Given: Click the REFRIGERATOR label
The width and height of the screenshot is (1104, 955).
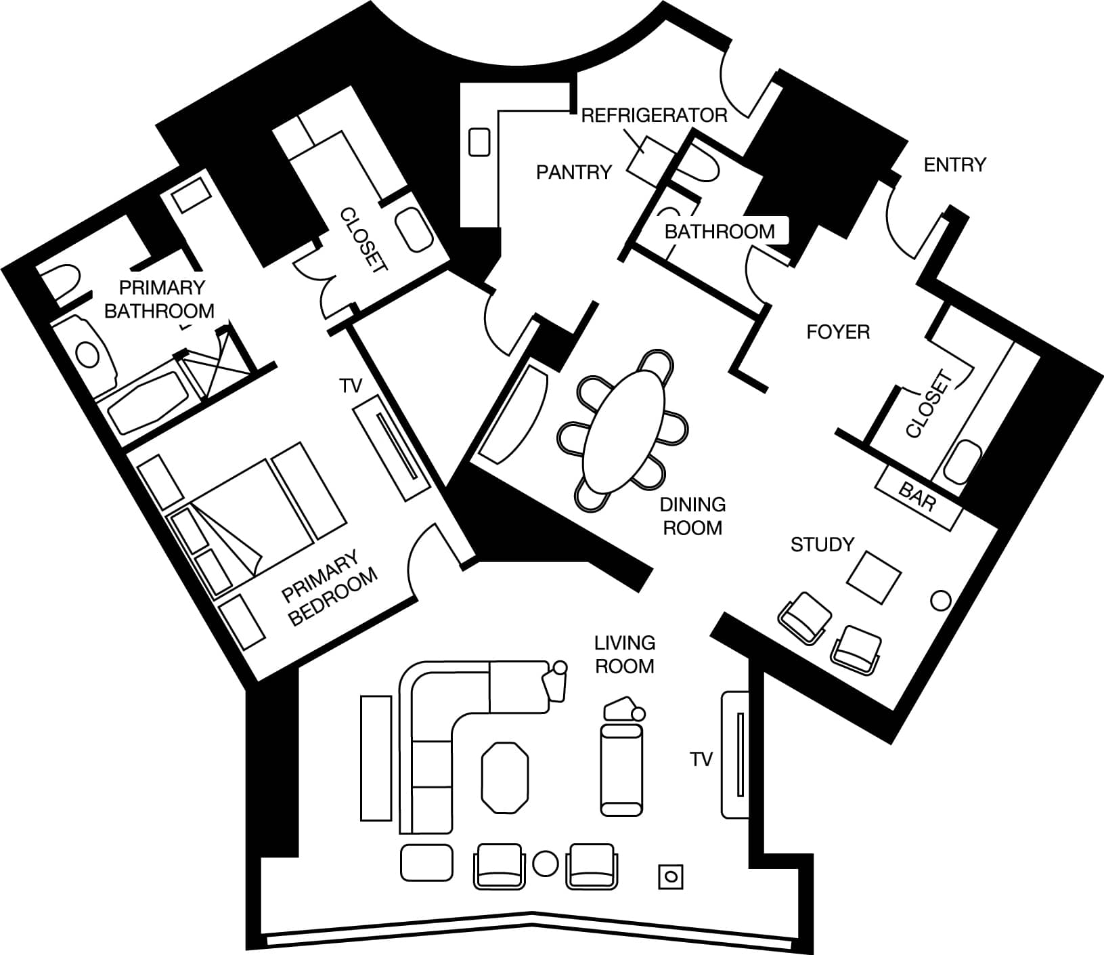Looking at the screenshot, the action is point(654,115).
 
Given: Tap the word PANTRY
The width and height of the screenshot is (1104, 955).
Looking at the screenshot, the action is point(574,173).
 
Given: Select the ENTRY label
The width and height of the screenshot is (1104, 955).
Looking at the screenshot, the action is point(955,165).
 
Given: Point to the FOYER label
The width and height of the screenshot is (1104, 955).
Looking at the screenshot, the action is point(838,332).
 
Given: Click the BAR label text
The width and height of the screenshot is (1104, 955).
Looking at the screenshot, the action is point(918,496).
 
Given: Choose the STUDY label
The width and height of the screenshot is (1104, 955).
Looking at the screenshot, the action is point(822,545).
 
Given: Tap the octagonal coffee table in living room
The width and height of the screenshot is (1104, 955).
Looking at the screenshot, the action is point(504,778).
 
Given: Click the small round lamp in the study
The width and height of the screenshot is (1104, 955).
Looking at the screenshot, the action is point(941,600).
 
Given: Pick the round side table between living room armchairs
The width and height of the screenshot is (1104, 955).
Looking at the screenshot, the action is point(545,863).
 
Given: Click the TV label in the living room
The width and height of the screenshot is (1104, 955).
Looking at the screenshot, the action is point(702,759).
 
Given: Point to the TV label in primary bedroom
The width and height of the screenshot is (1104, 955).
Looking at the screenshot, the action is point(351,386).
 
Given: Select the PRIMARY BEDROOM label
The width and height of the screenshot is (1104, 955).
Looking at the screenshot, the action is point(330,588).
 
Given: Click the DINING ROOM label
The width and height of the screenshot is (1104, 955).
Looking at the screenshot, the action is point(692,515).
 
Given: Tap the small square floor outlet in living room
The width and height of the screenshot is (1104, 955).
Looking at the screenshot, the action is point(671,876).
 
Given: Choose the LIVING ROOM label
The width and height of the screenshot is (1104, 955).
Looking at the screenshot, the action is point(624,654).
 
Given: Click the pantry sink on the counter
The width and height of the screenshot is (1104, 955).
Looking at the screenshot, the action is point(479,142).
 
